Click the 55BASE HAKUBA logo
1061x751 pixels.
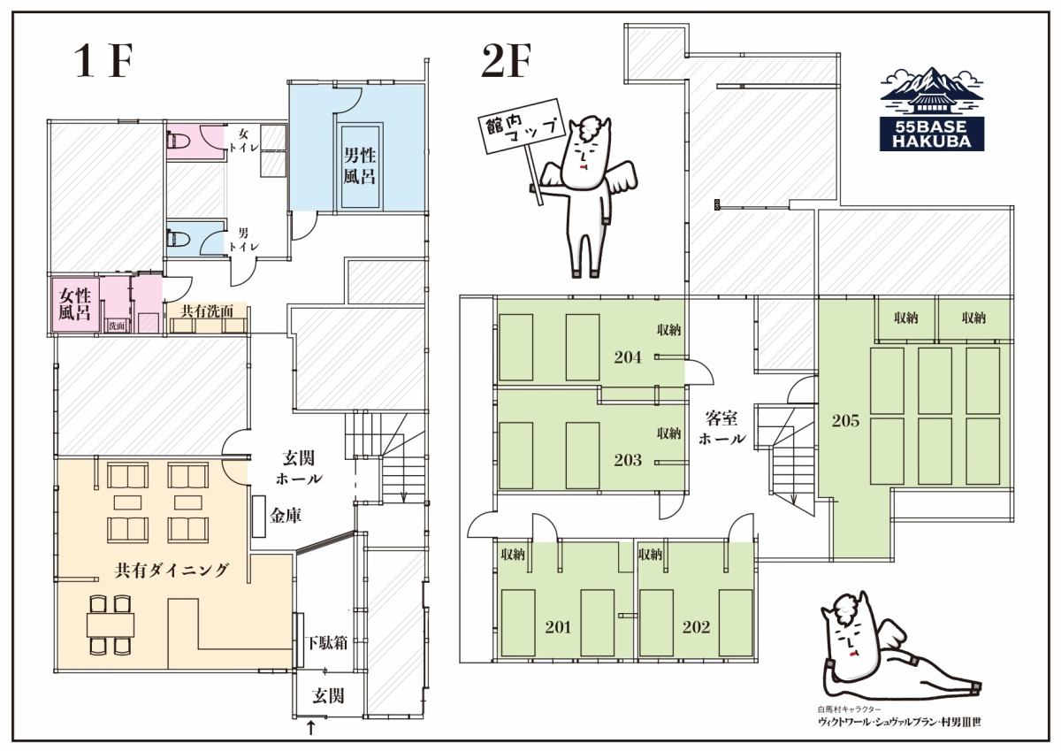click(x=932, y=109)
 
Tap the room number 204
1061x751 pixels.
click(x=628, y=357)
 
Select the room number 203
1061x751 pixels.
click(x=628, y=460)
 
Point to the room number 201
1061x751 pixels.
click(x=558, y=627)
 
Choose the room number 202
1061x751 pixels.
click(x=696, y=627)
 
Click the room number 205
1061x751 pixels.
click(x=845, y=420)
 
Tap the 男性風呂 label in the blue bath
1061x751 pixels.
click(x=360, y=165)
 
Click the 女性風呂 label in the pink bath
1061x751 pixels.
click(x=74, y=304)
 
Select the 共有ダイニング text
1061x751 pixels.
click(x=172, y=570)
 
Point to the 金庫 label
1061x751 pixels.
click(x=286, y=516)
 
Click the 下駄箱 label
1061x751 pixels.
click(x=327, y=643)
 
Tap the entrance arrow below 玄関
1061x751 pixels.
click(x=310, y=727)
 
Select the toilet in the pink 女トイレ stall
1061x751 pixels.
click(x=178, y=140)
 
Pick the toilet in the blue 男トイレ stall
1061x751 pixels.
click(x=178, y=238)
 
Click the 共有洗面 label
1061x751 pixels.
click(x=207, y=310)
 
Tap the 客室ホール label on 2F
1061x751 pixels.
click(x=721, y=428)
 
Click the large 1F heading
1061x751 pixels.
click(x=103, y=61)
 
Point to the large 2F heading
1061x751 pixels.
click(x=506, y=61)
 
